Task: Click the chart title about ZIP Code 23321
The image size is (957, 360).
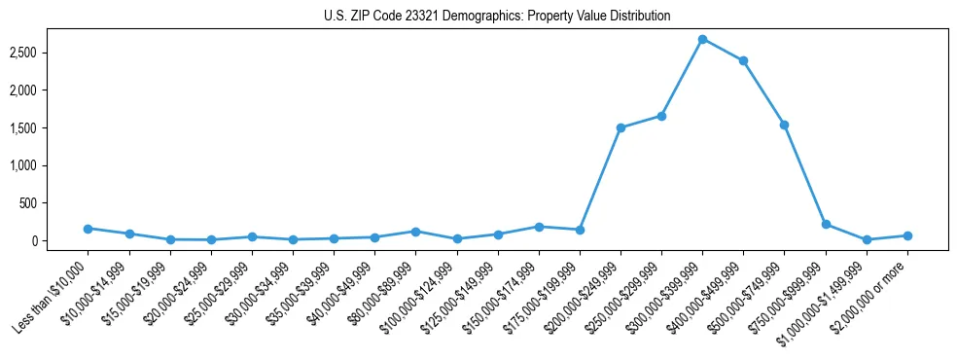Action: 497,17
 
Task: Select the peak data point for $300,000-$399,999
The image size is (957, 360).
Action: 702,39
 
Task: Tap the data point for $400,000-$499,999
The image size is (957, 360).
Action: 743,60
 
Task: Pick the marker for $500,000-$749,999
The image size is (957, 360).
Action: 784,125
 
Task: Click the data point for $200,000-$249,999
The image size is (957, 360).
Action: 620,127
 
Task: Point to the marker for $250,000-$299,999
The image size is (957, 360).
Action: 661,116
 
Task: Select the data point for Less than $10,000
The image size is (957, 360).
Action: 89,229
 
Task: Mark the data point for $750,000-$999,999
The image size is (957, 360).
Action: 826,224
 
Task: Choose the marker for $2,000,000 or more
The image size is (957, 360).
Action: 907,235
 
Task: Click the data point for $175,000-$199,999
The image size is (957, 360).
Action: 580,230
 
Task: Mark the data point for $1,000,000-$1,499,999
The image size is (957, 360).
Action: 867,239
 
